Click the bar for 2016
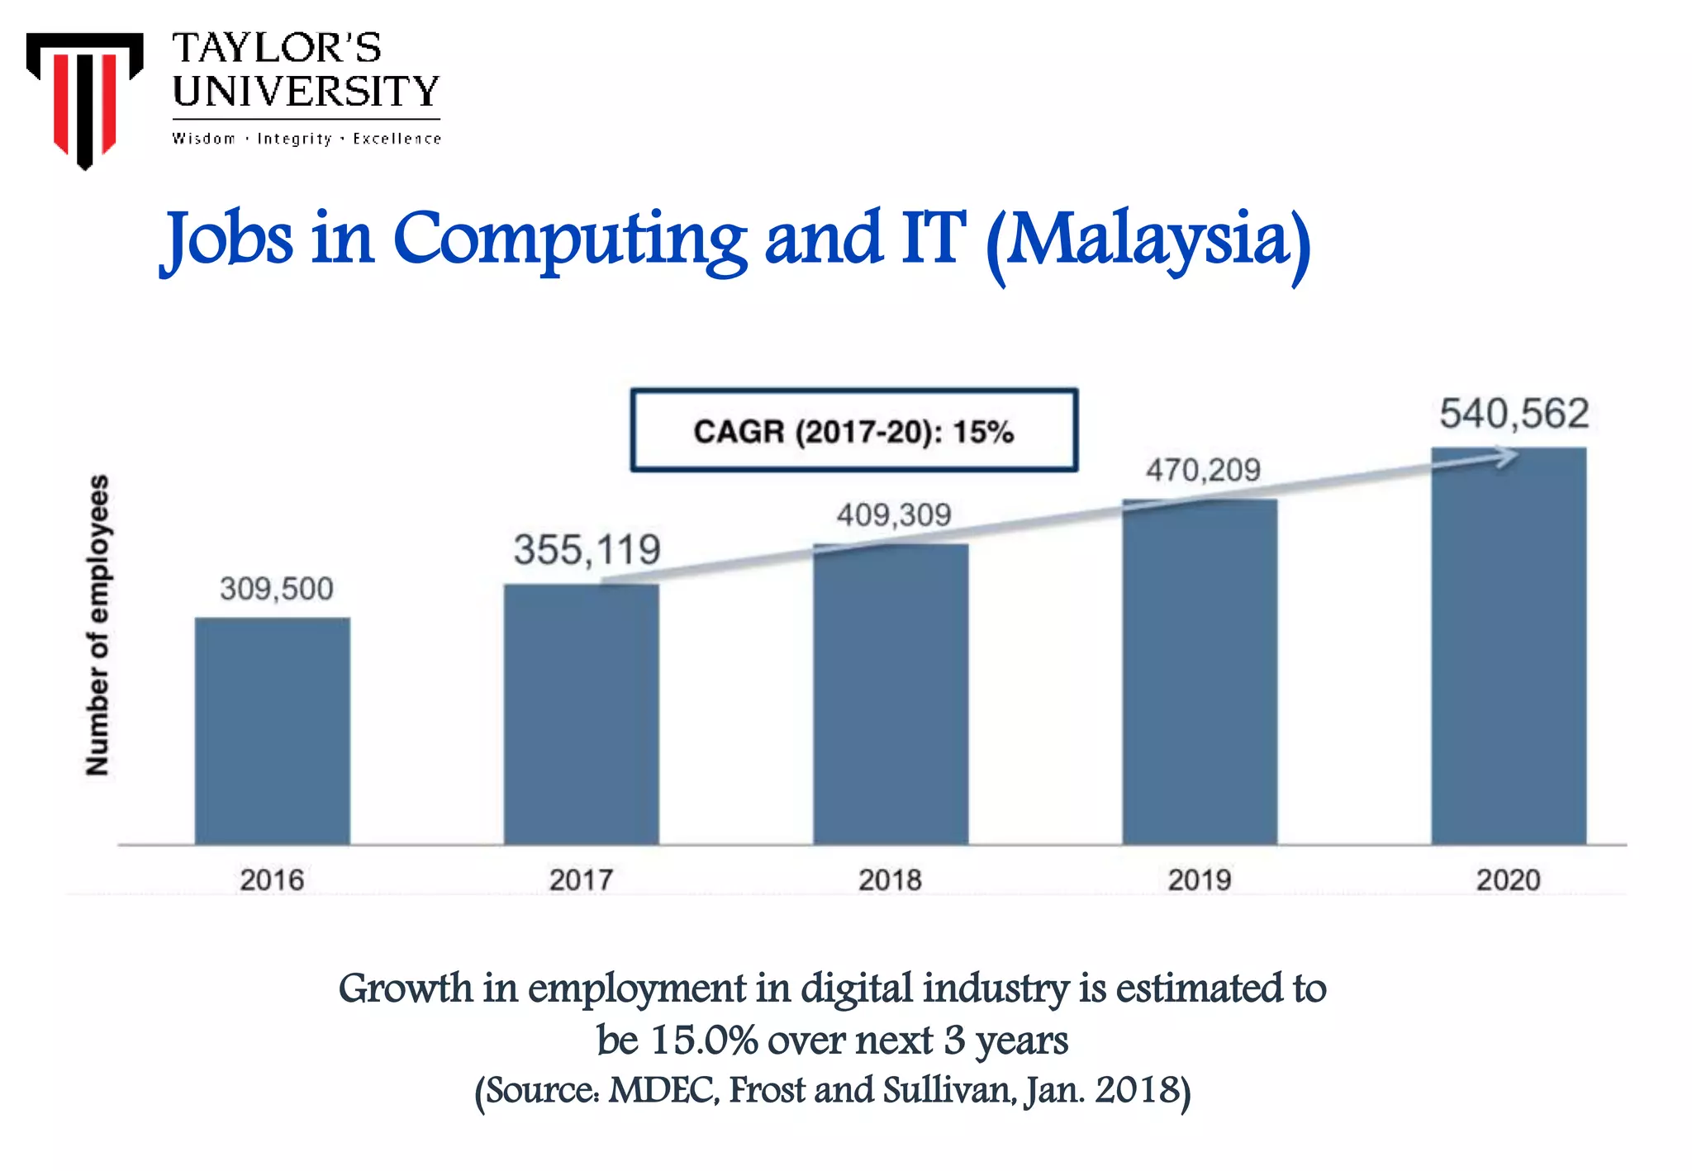coord(272,731)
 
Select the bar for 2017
coord(581,714)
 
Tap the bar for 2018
coord(890,694)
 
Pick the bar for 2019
coord(1199,671)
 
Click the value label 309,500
coord(276,589)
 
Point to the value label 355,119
coord(587,550)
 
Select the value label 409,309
coord(893,515)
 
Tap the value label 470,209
coord(1202,471)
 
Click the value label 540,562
coord(1514,414)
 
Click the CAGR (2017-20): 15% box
coord(853,431)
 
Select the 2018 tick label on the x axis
coord(890,879)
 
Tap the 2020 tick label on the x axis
coord(1508,879)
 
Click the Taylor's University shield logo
coord(84,97)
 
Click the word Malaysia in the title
coord(1148,239)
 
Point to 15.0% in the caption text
coord(704,1040)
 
